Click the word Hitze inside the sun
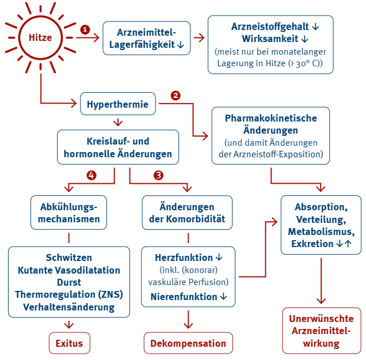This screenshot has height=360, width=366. [x=40, y=38]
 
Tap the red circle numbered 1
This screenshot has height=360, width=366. [x=86, y=29]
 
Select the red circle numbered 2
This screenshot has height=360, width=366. [x=176, y=96]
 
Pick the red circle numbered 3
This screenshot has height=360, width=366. [x=159, y=175]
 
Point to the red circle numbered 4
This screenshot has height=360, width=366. [x=91, y=175]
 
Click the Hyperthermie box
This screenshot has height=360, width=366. [x=118, y=104]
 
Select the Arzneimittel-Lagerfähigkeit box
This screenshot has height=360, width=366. [x=146, y=38]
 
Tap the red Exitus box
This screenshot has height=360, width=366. [x=69, y=343]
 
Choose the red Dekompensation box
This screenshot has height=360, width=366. [x=188, y=343]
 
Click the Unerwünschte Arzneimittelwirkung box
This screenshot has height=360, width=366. [x=321, y=331]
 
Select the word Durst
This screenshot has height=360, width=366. [x=69, y=282]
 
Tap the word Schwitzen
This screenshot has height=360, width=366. [x=69, y=257]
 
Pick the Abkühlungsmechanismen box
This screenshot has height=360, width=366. [x=70, y=213]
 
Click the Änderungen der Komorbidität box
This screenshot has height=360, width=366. [x=188, y=213]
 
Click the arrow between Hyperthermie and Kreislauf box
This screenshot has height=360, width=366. [x=119, y=122]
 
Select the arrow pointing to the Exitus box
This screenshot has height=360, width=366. [x=69, y=324]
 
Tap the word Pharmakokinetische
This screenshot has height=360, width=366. [x=270, y=118]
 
